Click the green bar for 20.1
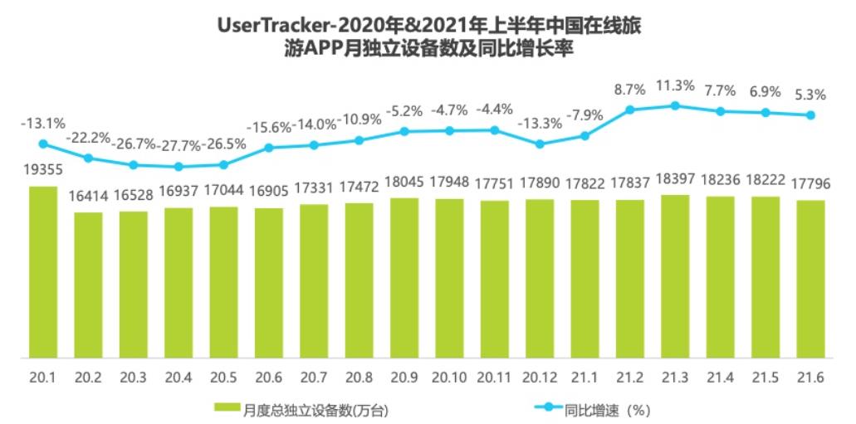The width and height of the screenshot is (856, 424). pos(43,272)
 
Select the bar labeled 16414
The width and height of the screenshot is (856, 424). pos(88,285)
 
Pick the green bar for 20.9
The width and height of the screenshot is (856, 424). pos(404,278)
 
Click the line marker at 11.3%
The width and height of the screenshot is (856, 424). pos(674,105)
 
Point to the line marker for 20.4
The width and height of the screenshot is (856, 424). pos(179,167)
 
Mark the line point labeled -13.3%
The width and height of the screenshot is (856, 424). pos(540,144)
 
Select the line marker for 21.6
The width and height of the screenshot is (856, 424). pos(810,115)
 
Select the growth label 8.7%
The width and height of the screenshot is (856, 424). pos(629,89)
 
